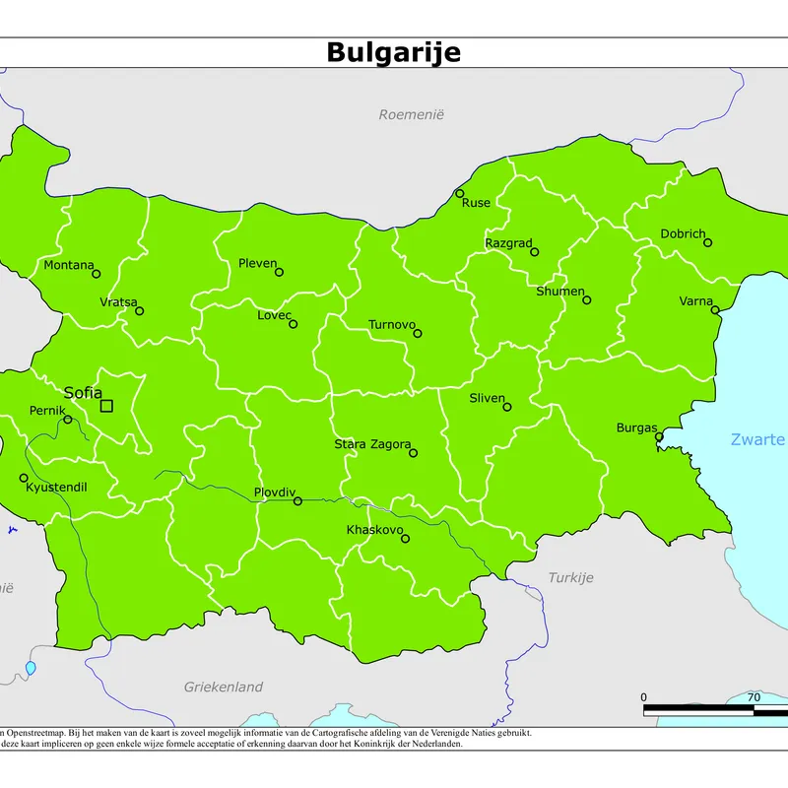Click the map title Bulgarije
click(393, 53)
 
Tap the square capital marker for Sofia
click(106, 405)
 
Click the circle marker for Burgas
click(659, 436)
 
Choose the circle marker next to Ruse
click(459, 193)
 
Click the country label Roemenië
click(412, 115)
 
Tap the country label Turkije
click(570, 578)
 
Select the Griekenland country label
click(224, 687)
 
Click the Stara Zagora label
click(372, 445)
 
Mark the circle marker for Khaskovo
click(405, 539)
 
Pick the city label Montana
click(69, 265)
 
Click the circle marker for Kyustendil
click(24, 478)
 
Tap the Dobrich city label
click(683, 234)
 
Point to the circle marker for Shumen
click(586, 299)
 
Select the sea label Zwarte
click(757, 439)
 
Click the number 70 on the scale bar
click(755, 697)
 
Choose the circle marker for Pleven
click(279, 272)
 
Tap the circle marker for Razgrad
click(535, 251)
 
